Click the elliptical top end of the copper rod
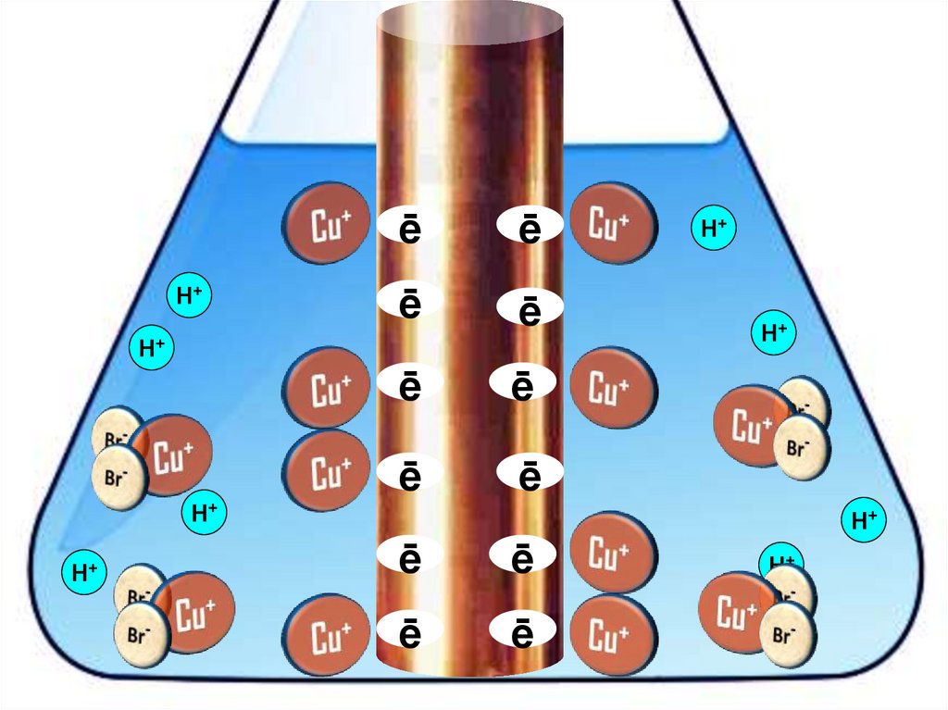469,21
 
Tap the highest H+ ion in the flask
713,229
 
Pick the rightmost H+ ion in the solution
864,520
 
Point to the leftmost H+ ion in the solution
85,572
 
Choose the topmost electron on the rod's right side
529,229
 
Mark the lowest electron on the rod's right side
523,633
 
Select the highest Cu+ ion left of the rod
324,223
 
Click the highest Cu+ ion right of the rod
612,223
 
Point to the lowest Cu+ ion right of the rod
612,636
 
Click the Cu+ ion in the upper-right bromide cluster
751,426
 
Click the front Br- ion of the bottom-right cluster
787,636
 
